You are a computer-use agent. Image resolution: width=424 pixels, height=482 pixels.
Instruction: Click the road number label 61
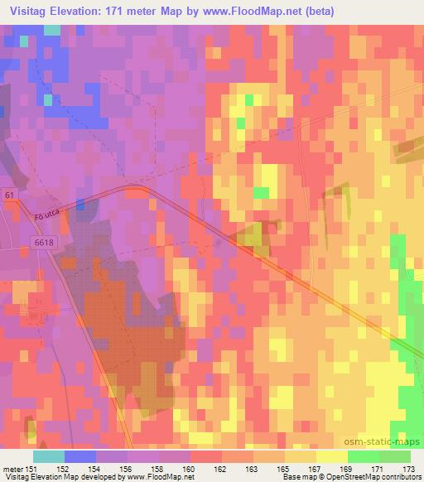tap(9, 194)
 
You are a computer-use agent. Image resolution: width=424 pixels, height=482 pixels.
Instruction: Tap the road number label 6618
tap(45, 241)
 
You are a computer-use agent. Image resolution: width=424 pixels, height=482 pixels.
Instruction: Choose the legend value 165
tap(283, 468)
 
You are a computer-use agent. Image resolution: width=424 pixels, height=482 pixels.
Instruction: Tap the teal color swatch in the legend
tap(48, 456)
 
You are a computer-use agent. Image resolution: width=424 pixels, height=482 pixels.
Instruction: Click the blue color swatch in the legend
tap(79, 456)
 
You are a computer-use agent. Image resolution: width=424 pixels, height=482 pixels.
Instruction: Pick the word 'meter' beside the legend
tap(12, 468)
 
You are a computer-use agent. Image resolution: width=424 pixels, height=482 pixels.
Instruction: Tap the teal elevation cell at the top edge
tap(51, 29)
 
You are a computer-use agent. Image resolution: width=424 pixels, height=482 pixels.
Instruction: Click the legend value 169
tap(346, 468)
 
